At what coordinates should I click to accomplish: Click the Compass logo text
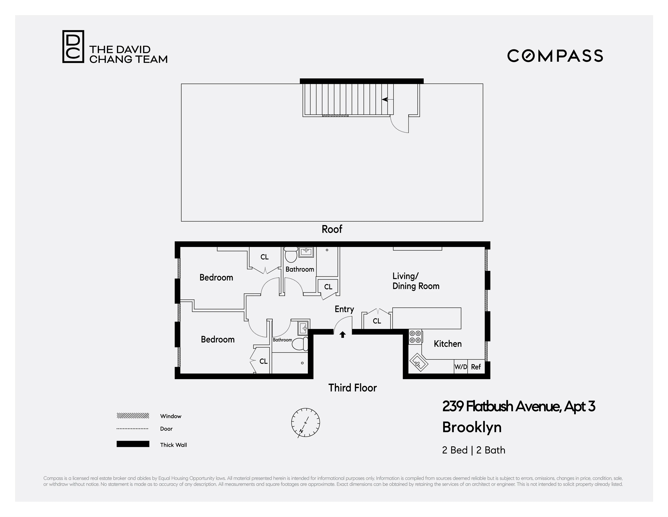[x=555, y=56]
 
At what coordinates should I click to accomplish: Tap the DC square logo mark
[x=73, y=46]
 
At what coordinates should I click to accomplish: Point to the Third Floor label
[x=352, y=388]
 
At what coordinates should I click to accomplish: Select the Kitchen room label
[x=448, y=344]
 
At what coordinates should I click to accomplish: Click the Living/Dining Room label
[x=416, y=281]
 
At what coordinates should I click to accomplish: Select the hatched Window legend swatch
[x=133, y=416]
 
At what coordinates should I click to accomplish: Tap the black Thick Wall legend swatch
[x=133, y=444]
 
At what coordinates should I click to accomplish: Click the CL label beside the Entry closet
[x=377, y=321]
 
